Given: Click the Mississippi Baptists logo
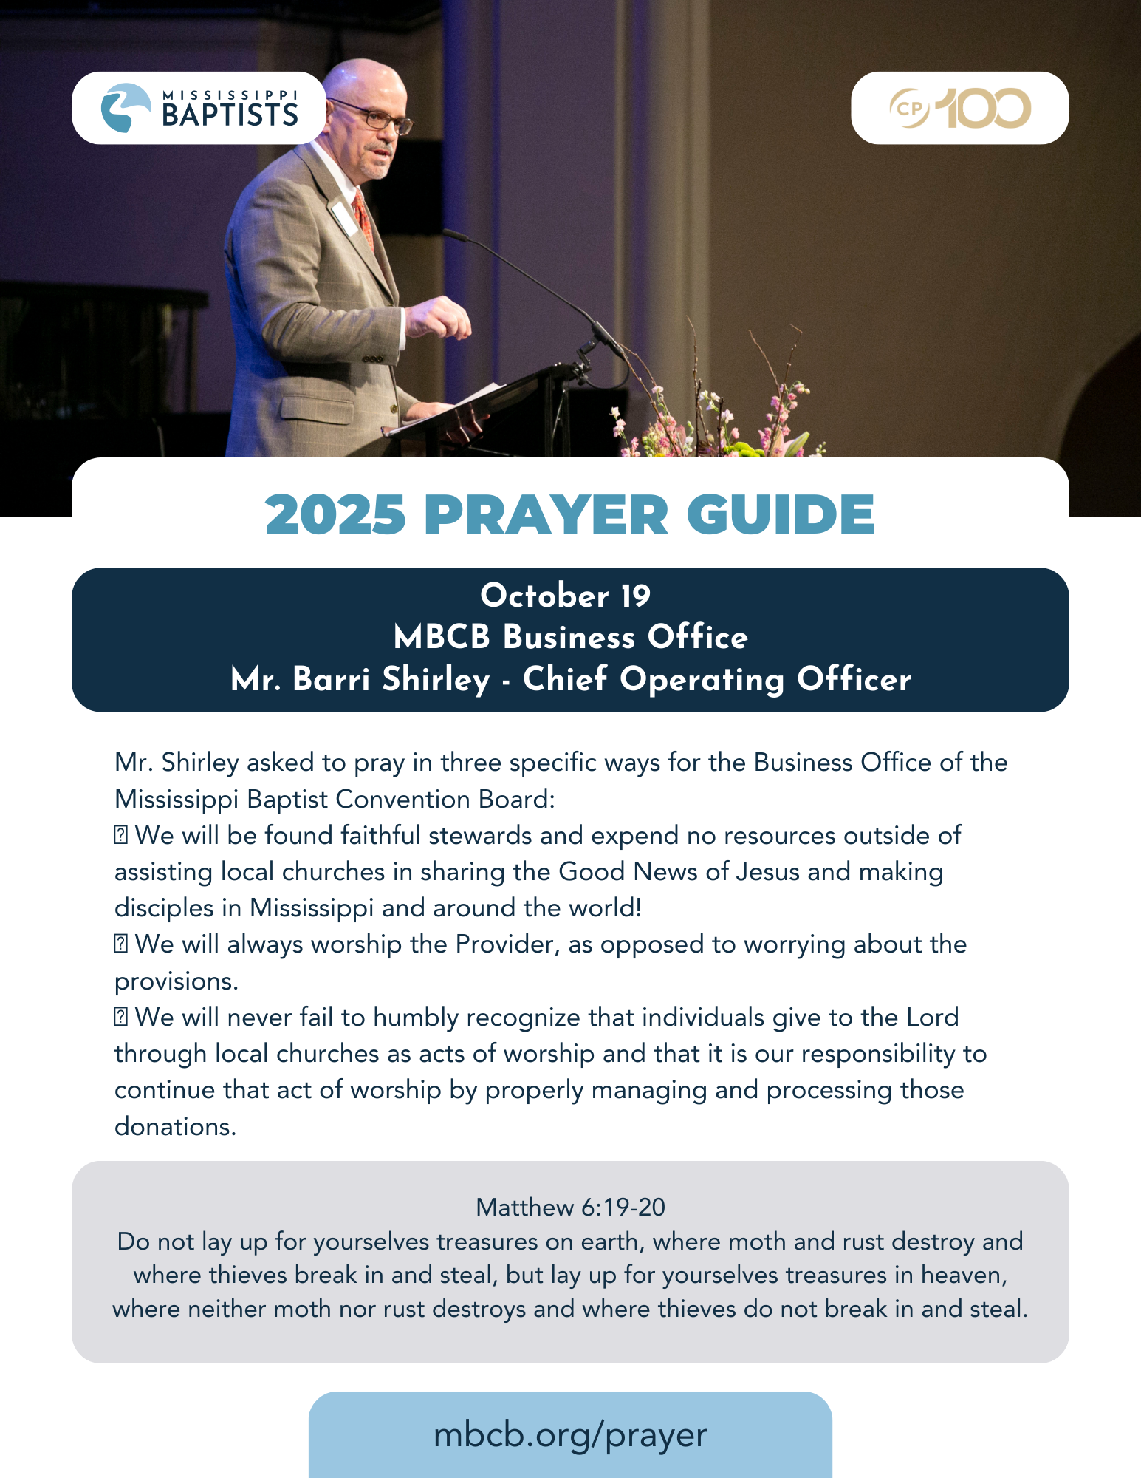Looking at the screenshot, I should pos(199,108).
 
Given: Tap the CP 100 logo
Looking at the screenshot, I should pos(959,108).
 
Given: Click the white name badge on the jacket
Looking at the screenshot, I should pos(344,218).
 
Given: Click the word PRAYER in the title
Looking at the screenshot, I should pos(546,514).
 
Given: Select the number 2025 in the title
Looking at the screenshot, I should pos(336,514).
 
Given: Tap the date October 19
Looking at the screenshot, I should pos(566,596).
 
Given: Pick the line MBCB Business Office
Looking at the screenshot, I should pos(570,638).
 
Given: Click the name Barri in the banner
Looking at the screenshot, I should pos(332,679).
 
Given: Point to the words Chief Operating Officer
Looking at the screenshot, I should pos(716,679).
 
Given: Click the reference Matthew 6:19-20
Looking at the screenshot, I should pos(570,1207).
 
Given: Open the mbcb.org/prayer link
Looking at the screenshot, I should pos(570,1434).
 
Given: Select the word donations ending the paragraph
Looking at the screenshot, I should pos(174,1126).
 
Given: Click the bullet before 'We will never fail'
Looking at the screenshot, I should pos(121,1018).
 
